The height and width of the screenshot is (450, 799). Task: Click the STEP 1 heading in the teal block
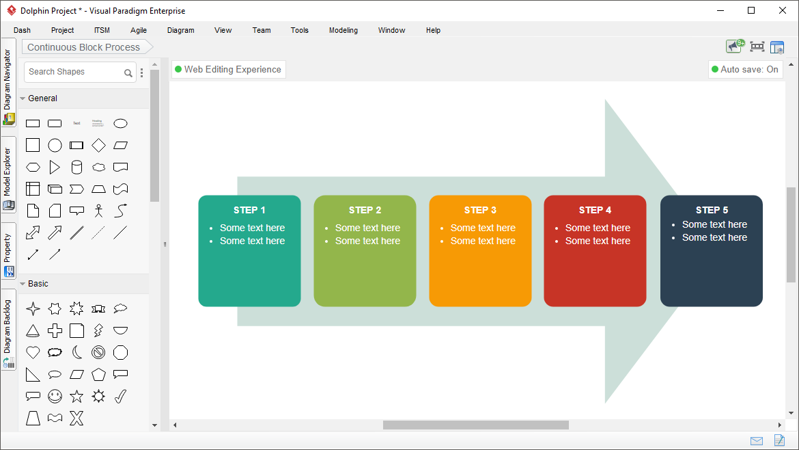pos(249,210)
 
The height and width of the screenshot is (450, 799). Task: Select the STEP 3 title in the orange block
pos(480,210)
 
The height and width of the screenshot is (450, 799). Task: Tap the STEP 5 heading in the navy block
pos(712,210)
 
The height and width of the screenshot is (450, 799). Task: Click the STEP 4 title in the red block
pos(595,210)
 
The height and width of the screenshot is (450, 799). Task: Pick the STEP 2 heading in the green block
pos(365,210)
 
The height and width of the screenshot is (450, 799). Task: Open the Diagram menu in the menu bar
pos(180,30)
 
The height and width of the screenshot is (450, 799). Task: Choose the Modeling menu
pos(344,30)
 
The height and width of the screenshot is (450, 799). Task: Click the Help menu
pos(433,30)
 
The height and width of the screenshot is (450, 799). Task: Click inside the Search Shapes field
pos(74,72)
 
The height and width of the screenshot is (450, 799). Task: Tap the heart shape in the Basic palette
pos(33,353)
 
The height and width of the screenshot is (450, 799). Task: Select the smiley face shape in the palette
pos(55,397)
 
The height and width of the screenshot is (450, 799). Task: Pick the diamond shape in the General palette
pos(98,146)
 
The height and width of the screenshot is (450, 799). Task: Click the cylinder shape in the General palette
pos(76,168)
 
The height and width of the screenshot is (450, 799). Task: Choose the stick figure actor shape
pos(98,211)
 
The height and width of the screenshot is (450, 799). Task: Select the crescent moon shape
pos(77,353)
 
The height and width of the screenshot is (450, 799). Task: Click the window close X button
pos(783,11)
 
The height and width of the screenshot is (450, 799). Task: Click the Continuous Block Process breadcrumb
pos(83,47)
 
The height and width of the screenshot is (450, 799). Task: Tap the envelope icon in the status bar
pos(757,441)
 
